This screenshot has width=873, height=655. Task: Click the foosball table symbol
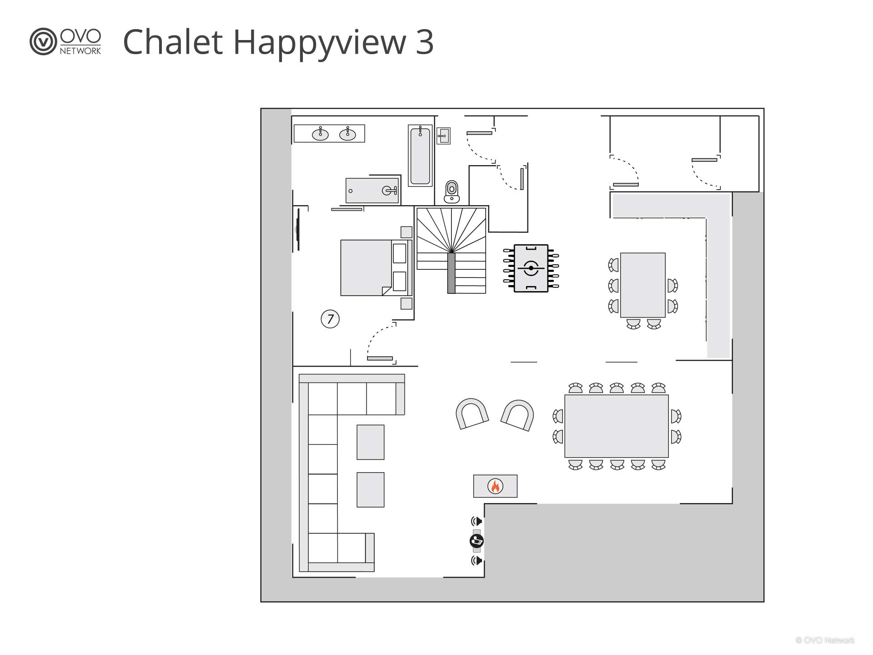[531, 268]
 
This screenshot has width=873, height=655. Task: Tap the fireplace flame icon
[495, 486]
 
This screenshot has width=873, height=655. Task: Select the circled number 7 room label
[330, 319]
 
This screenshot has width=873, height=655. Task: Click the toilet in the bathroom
[452, 191]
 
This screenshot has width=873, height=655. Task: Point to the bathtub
[420, 156]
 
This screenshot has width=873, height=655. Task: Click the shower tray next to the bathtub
[372, 191]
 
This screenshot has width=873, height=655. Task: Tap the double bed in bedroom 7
[376, 267]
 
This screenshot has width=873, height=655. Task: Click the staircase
[451, 250]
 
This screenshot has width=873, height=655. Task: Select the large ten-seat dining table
[617, 426]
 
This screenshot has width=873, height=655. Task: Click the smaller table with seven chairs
[643, 285]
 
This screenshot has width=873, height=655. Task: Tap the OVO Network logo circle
[43, 42]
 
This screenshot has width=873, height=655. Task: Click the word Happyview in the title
[320, 42]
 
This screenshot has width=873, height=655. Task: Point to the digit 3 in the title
[424, 42]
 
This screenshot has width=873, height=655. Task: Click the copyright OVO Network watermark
[825, 640]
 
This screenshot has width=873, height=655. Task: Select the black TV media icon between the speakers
[477, 541]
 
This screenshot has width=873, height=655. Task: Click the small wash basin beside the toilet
[443, 136]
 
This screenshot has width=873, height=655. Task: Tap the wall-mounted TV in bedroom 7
[298, 229]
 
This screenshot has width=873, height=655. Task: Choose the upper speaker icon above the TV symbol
[477, 521]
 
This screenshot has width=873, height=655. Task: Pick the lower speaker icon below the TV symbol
[477, 560]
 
